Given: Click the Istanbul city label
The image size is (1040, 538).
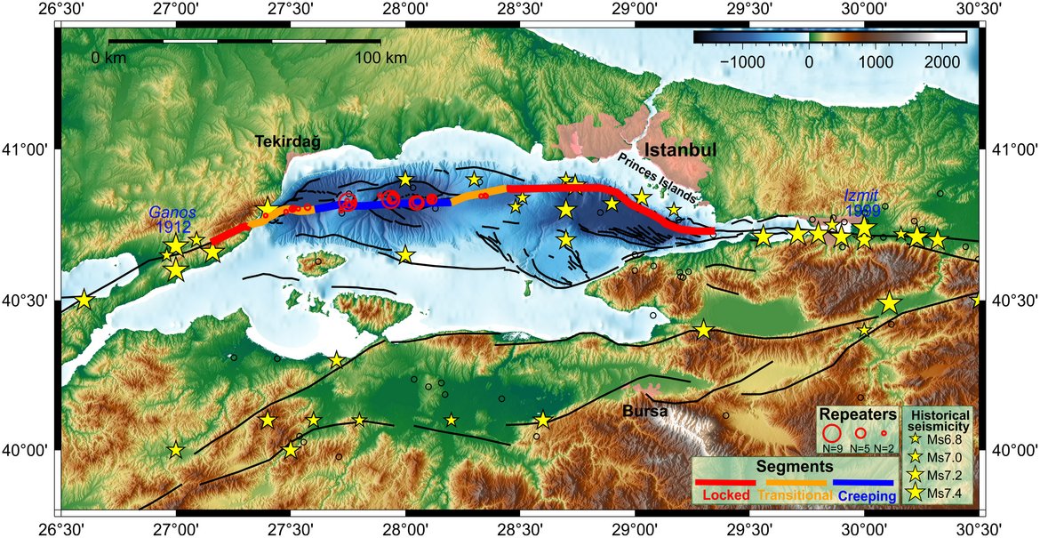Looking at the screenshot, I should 681,149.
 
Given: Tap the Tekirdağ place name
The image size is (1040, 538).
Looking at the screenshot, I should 287,141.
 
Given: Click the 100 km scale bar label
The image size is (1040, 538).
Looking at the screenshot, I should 380,58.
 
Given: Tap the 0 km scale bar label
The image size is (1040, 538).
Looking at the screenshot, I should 109,58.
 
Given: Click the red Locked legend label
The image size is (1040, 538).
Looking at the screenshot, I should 727,494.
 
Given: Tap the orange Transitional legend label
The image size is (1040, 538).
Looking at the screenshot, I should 796,494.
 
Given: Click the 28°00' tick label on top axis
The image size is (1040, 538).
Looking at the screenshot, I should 405,9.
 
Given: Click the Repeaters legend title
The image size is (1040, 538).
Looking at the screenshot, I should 857,414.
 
